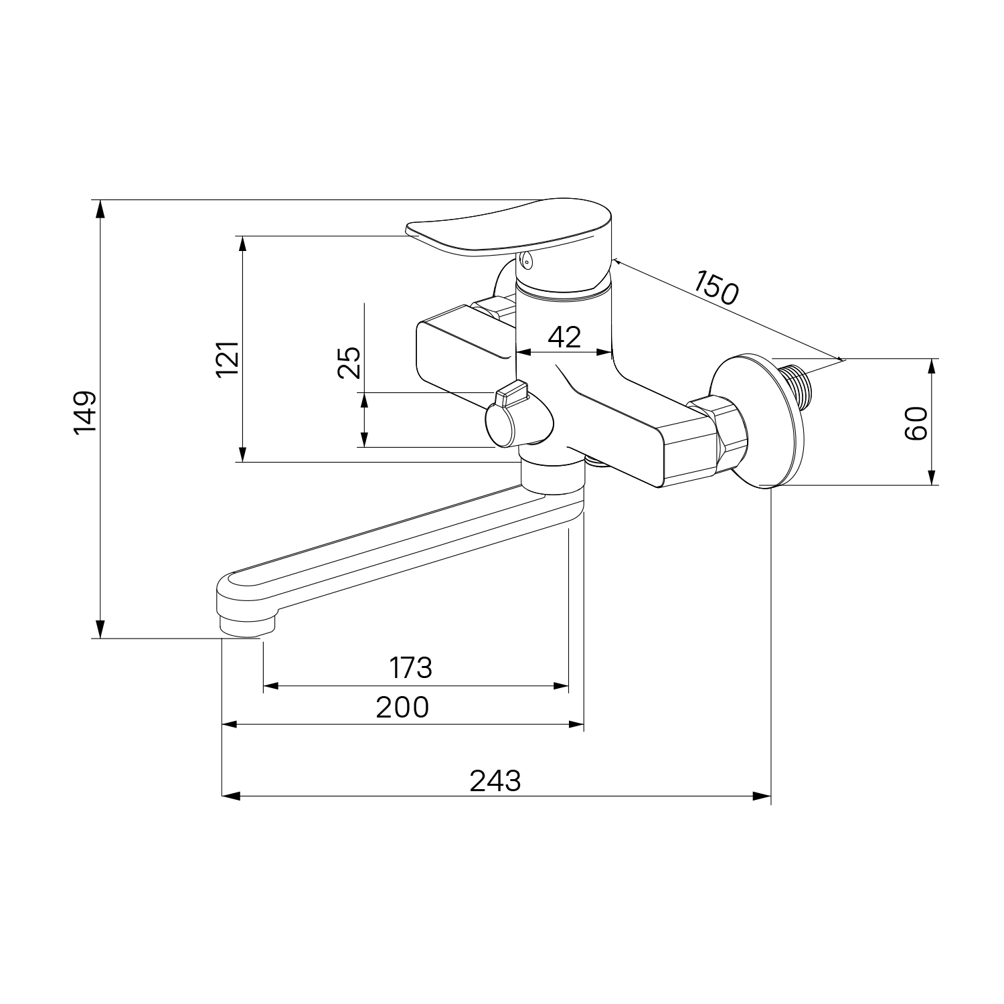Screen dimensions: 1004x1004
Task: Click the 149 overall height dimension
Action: tap(86, 412)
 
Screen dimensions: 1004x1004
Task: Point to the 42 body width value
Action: tap(564, 337)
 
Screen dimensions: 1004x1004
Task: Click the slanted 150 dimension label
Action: tap(716, 287)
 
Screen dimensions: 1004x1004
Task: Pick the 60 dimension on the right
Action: tap(916, 423)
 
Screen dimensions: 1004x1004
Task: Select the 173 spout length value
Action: tap(411, 667)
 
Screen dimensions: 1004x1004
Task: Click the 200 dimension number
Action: tap(402, 707)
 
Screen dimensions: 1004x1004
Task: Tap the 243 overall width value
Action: tap(495, 780)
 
